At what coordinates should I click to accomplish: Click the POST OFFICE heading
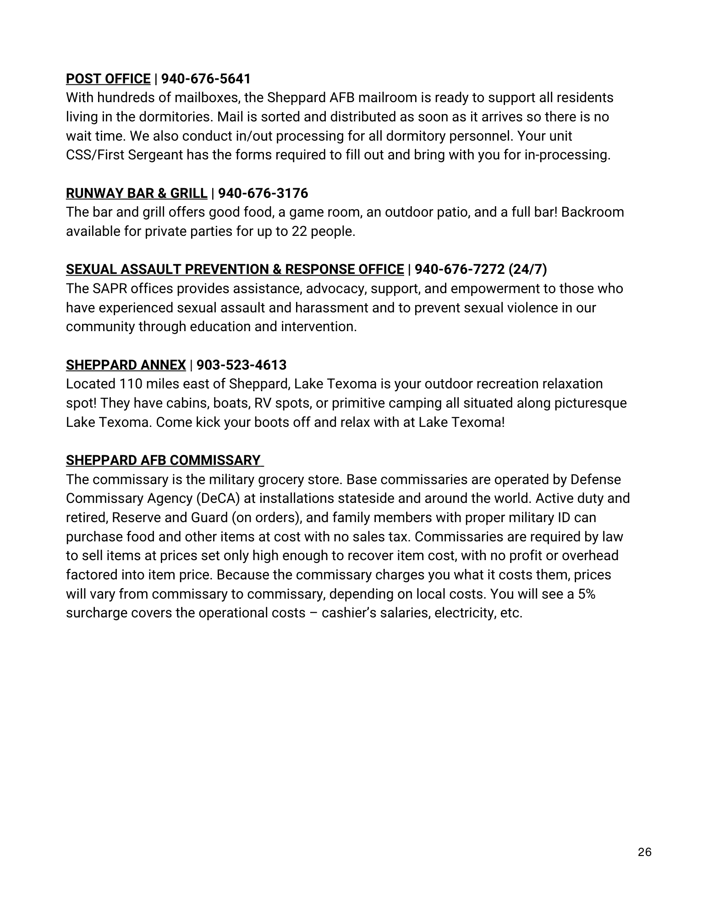(x=108, y=79)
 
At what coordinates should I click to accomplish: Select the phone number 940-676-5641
(x=206, y=79)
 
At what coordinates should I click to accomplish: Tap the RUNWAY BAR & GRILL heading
(x=137, y=193)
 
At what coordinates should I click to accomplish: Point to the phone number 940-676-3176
(x=263, y=193)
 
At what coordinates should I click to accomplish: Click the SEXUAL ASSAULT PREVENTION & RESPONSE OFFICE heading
(x=235, y=269)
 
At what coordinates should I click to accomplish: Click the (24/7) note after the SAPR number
(x=527, y=269)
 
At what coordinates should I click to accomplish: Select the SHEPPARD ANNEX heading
(x=126, y=365)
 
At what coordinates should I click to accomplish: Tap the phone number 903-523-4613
(x=241, y=365)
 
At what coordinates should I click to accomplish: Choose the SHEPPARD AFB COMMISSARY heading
(x=163, y=460)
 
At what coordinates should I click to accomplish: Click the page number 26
(x=644, y=852)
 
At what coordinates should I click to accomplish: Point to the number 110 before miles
(x=131, y=384)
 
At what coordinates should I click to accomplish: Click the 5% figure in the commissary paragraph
(x=587, y=594)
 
